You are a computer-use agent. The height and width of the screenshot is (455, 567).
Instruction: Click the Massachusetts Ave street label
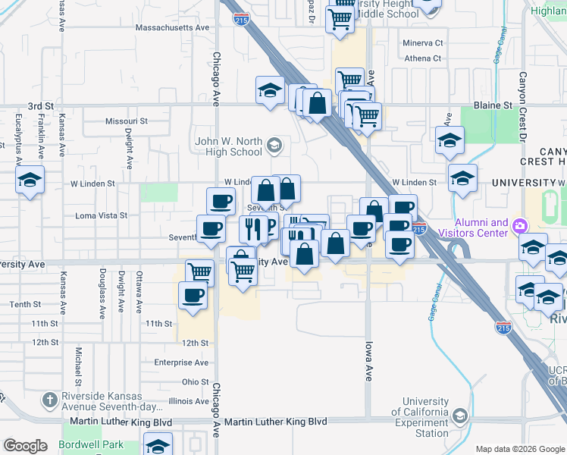[172, 27]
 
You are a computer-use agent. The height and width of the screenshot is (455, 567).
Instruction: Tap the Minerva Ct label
[423, 43]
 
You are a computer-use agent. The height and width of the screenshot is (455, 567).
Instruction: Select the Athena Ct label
[422, 58]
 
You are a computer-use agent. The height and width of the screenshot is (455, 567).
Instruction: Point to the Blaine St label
[493, 105]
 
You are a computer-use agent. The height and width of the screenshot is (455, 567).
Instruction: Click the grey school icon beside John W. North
[275, 144]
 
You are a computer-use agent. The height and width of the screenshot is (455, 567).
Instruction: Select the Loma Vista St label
[102, 215]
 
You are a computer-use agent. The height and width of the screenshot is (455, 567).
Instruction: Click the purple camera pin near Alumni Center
[519, 225]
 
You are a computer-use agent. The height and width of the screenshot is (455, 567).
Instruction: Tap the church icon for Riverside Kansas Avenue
[49, 399]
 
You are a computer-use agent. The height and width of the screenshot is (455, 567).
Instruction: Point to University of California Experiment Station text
[426, 417]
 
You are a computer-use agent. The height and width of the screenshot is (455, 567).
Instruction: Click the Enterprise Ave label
[180, 362]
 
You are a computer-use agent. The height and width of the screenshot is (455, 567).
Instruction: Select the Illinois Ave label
[189, 401]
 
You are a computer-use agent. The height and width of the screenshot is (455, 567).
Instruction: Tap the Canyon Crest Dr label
[522, 106]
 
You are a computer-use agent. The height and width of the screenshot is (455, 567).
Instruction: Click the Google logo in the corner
[25, 446]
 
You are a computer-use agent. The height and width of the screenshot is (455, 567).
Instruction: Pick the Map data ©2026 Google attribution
[520, 449]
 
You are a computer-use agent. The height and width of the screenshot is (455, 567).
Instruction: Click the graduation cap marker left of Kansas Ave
[30, 180]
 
